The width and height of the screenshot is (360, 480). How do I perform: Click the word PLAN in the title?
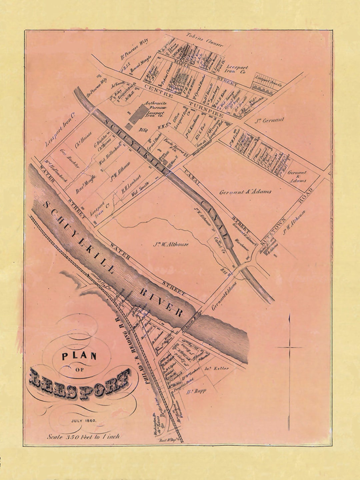(79, 356)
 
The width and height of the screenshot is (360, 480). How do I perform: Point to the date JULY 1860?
(83, 421)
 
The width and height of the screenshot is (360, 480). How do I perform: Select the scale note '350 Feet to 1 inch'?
(83, 436)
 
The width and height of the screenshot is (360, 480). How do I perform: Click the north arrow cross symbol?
(289, 348)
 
